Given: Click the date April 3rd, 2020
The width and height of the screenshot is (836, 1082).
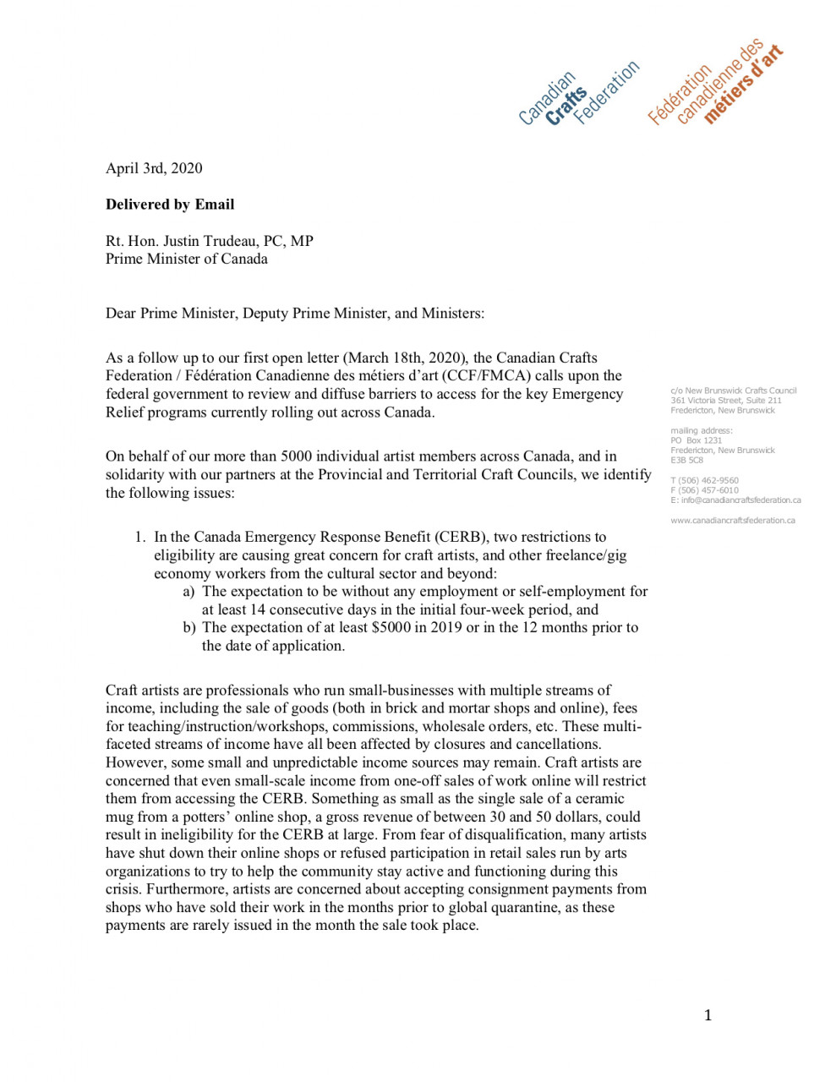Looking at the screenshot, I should click(x=154, y=168).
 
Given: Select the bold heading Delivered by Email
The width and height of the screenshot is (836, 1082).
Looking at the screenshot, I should click(x=170, y=205).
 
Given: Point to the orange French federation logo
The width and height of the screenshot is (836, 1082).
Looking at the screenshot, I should click(x=715, y=85).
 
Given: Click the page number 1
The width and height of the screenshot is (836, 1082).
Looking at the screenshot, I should click(x=708, y=1015).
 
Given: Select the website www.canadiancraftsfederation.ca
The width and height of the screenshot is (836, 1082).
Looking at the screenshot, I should click(x=732, y=521).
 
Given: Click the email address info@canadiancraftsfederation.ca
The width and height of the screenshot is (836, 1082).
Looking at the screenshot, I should click(x=740, y=500).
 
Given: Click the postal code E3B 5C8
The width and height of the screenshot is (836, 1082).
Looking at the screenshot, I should click(x=686, y=461).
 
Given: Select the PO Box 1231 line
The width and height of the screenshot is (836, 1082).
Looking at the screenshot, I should click(x=697, y=440).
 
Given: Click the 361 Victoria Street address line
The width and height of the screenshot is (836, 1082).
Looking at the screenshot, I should click(x=725, y=401).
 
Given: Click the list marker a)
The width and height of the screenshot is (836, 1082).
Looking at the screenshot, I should click(x=189, y=592).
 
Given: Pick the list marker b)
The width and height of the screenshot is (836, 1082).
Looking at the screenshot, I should click(x=189, y=628).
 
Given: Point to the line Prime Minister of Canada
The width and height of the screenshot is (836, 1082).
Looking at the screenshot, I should click(x=186, y=259).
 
